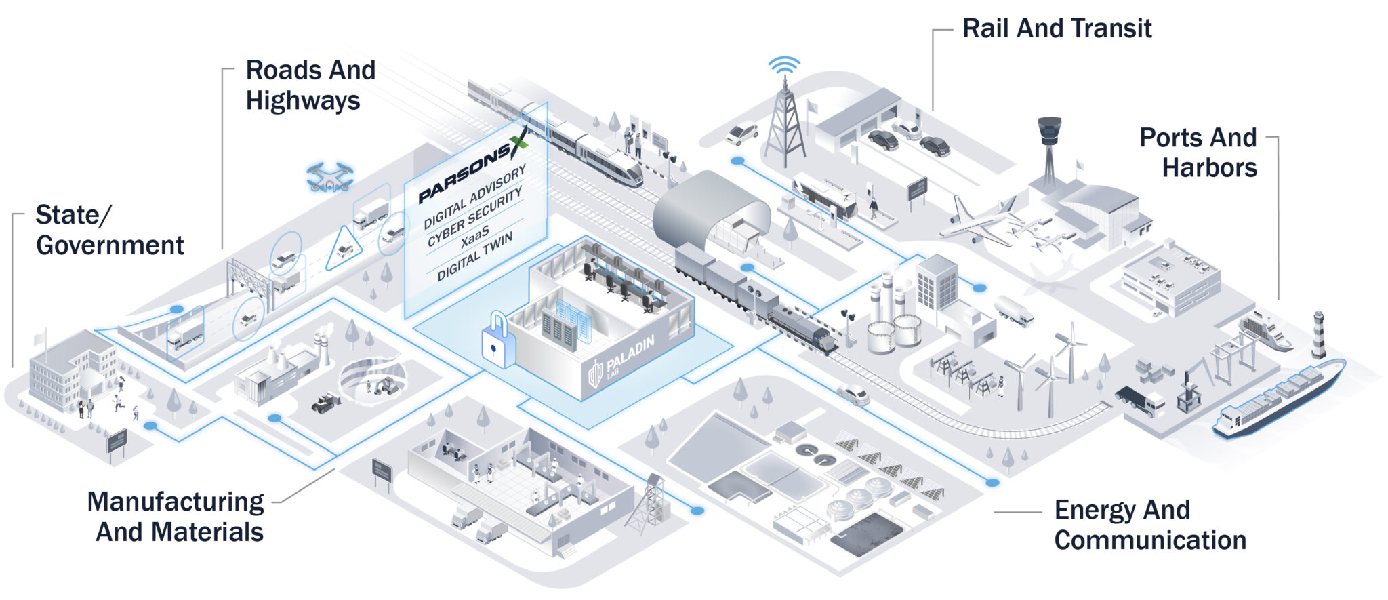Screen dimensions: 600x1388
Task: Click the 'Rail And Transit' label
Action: (1057, 28)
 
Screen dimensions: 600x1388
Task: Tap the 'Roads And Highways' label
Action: (310, 85)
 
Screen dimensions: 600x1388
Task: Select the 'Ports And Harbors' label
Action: (1198, 153)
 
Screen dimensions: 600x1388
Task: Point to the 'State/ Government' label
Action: (109, 230)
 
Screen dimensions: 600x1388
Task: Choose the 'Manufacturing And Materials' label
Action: (176, 517)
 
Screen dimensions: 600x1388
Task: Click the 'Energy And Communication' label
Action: (1149, 525)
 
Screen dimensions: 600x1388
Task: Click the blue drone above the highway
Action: (329, 176)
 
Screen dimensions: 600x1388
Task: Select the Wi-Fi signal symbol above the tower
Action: (784, 66)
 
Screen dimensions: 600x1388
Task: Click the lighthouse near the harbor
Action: (1318, 334)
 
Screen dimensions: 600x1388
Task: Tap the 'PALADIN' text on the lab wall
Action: (630, 354)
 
